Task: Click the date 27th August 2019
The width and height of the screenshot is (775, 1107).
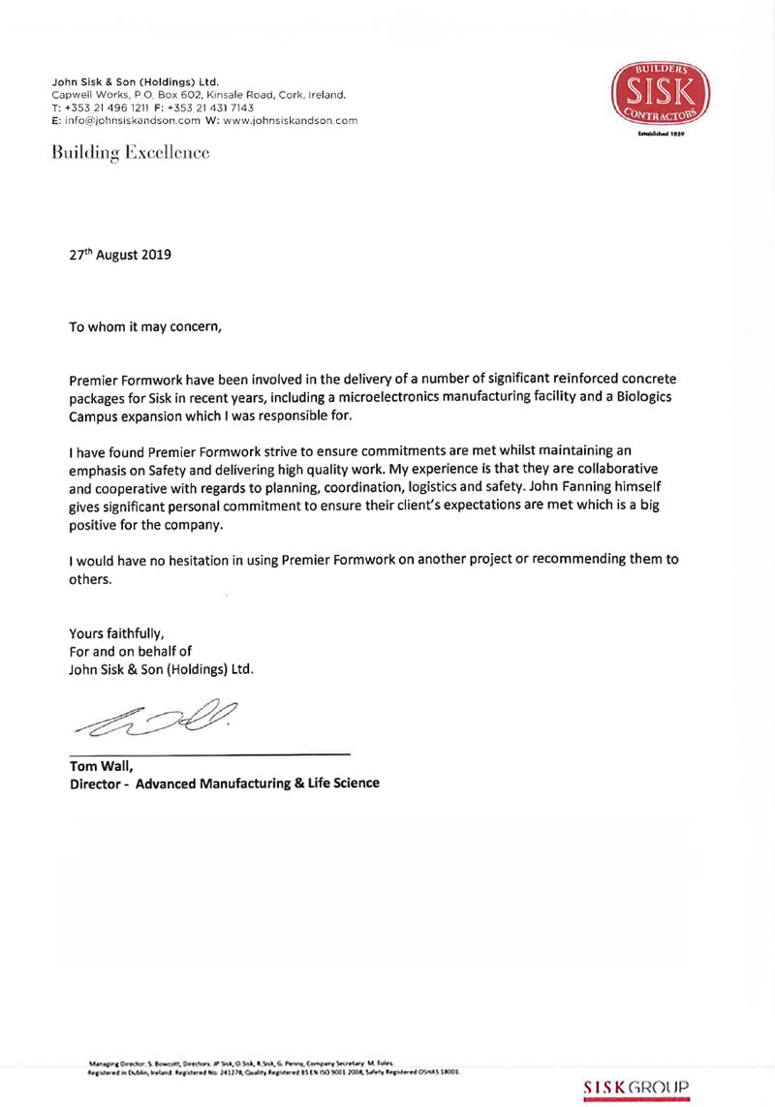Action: (119, 256)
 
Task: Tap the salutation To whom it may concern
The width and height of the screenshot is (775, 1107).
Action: (145, 325)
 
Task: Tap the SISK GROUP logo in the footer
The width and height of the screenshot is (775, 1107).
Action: (635, 1088)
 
